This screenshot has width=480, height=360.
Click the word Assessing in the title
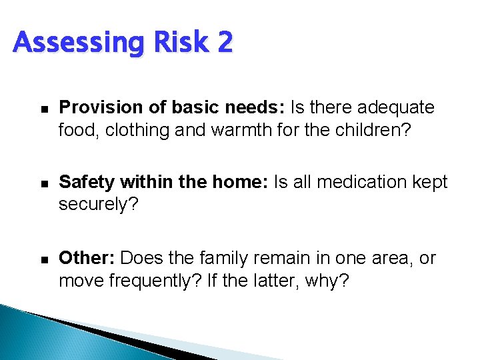75,43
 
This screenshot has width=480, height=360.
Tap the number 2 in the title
224,42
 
